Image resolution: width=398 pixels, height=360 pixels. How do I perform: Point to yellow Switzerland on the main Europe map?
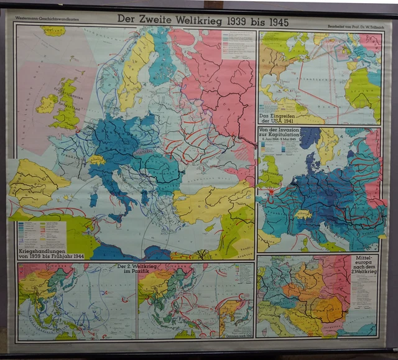pos(96,160)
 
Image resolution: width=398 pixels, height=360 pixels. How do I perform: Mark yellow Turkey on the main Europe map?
pos(211,202)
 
